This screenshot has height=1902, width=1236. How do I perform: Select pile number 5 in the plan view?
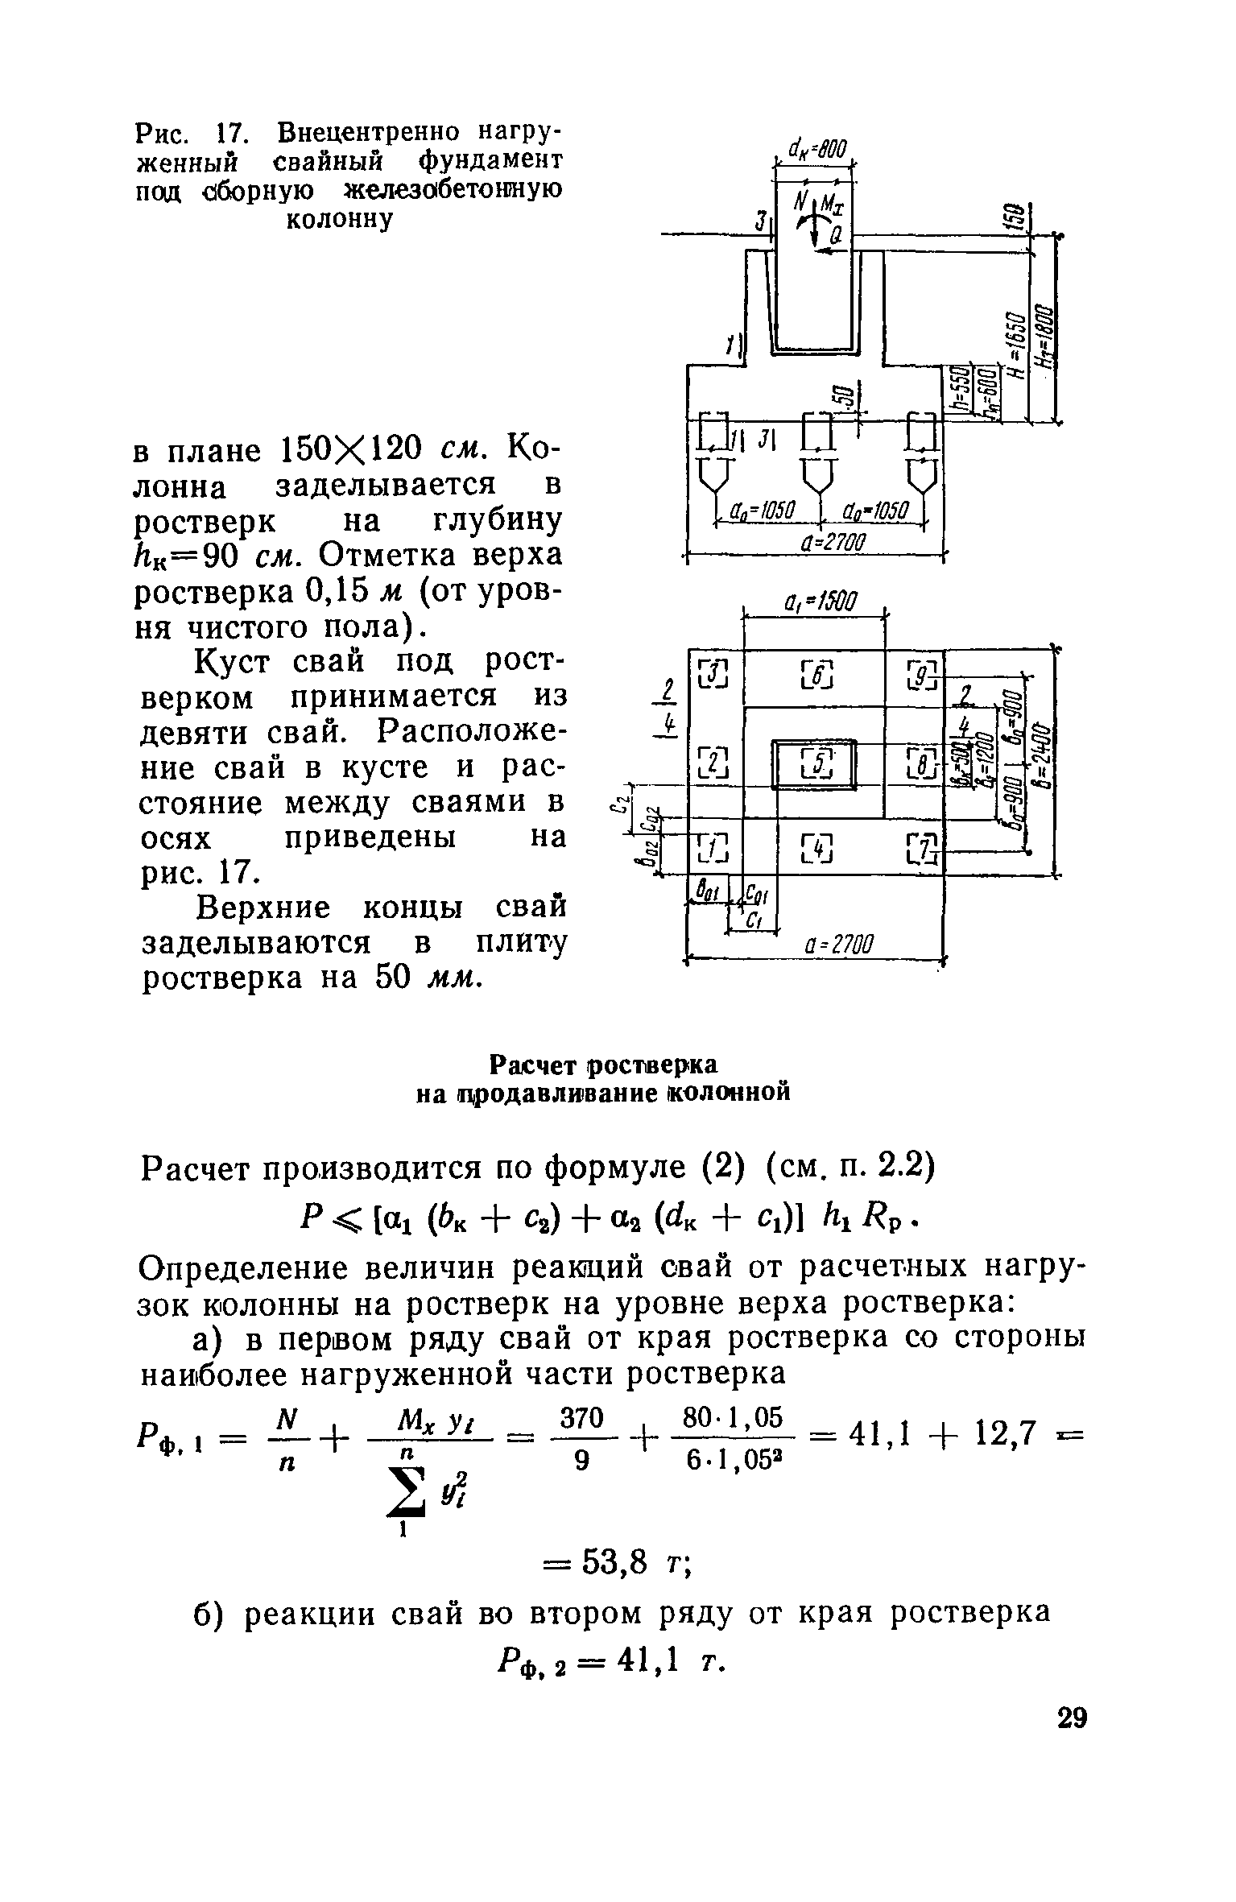816,763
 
